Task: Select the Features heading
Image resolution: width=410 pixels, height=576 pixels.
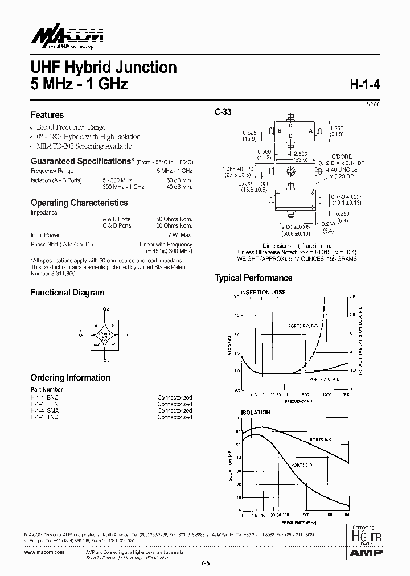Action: click(47, 114)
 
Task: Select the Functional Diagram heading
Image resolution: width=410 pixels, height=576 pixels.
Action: click(67, 293)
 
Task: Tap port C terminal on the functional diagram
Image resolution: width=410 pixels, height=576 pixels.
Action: click(105, 310)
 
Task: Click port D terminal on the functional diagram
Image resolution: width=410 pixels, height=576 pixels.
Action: click(105, 360)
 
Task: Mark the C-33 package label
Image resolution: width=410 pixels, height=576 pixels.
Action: click(223, 113)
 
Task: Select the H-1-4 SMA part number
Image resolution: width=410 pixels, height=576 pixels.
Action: click(44, 410)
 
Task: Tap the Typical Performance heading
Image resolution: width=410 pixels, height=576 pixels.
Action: click(253, 278)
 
